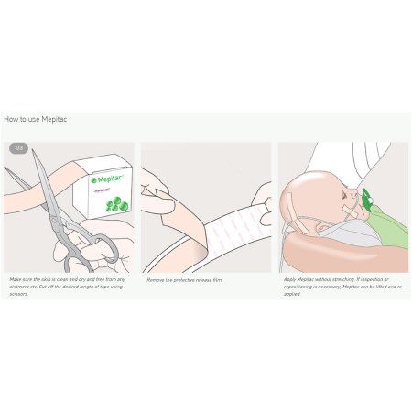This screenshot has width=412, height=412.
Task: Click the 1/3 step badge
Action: tap(18, 147)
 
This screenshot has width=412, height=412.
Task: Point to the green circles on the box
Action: tap(114, 201)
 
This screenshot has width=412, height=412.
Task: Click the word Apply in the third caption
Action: tap(290, 278)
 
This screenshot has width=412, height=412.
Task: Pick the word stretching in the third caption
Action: tap(341, 278)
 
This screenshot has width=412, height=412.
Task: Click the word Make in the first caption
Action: tap(16, 278)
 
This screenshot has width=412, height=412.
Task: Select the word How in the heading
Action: tap(11, 119)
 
